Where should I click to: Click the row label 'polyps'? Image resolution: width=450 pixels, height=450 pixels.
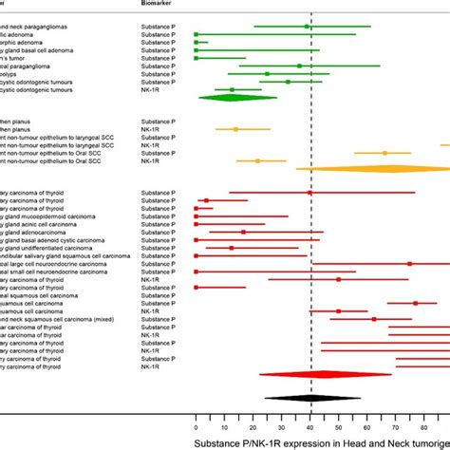tap(14, 73)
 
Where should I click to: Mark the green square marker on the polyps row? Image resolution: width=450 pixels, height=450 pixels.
tap(268, 73)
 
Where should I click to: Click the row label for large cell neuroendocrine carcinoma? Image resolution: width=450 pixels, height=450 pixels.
tap(52, 264)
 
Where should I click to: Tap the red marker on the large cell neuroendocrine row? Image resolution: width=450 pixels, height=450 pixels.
tap(410, 264)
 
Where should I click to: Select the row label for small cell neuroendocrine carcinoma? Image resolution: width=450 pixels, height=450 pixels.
tap(52, 272)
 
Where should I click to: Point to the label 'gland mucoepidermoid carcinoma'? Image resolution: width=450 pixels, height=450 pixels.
tap(47, 216)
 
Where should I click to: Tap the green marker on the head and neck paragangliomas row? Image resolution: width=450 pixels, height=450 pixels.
tap(307, 27)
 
